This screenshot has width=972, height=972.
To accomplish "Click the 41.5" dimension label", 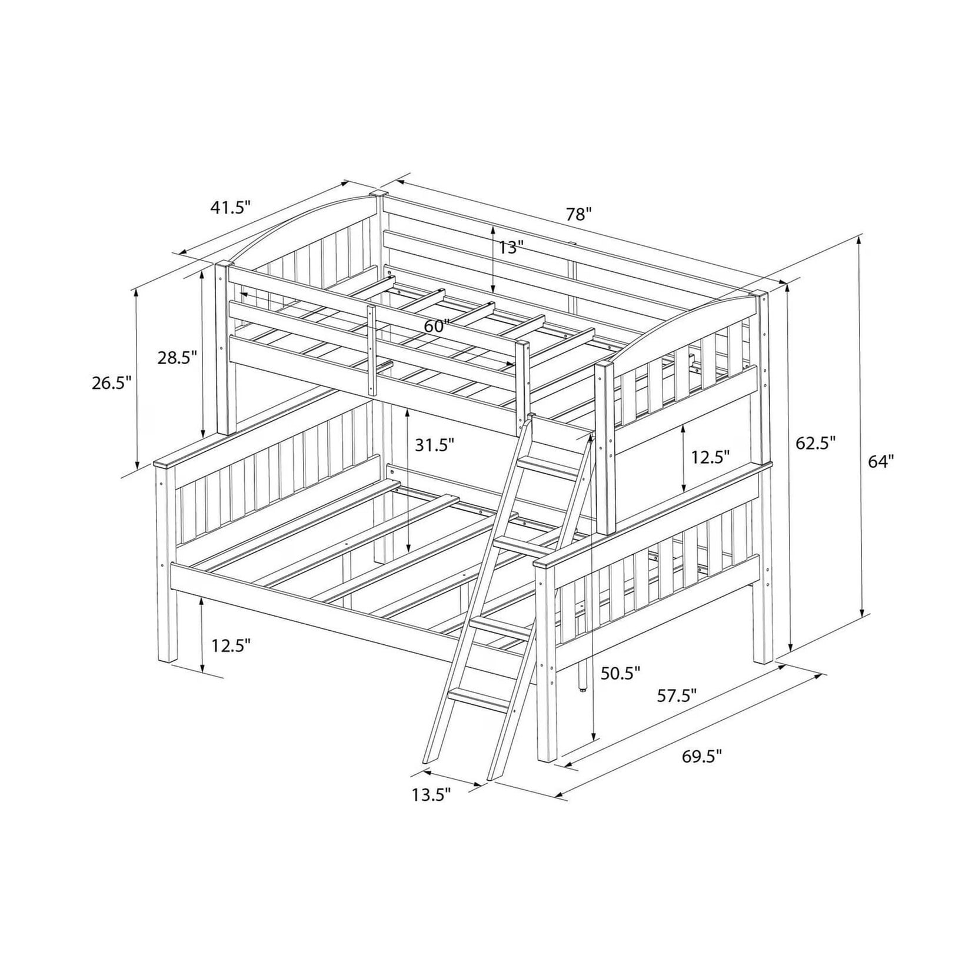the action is click(231, 208).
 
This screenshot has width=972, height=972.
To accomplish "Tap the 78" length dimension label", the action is click(578, 214).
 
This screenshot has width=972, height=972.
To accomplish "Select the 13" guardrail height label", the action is click(511, 248).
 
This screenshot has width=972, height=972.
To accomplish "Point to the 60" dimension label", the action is click(437, 326).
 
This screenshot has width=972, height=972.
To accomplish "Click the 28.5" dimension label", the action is click(177, 357).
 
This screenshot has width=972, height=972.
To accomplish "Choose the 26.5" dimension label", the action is click(111, 383).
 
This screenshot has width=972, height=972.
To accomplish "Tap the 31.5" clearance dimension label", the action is click(435, 445).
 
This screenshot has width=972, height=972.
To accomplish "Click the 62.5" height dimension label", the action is click(816, 443).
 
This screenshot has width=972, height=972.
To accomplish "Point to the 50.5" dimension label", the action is click(620, 673).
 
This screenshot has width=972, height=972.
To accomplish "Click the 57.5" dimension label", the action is click(677, 695).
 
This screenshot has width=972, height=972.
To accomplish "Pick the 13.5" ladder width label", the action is click(431, 795).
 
